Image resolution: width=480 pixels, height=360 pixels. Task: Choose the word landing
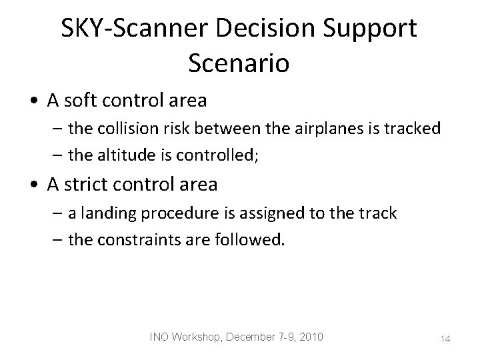(x=104, y=213)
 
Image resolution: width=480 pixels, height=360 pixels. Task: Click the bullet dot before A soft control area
(x=34, y=103)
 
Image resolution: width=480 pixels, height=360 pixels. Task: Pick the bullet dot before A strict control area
(x=34, y=185)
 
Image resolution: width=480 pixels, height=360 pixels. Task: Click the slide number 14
(x=445, y=339)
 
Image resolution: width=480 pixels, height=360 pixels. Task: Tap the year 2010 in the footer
(x=310, y=337)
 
